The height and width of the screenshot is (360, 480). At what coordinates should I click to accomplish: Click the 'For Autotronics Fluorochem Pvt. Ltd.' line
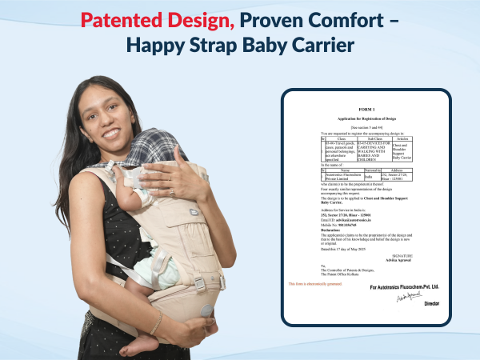[x=405, y=286]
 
